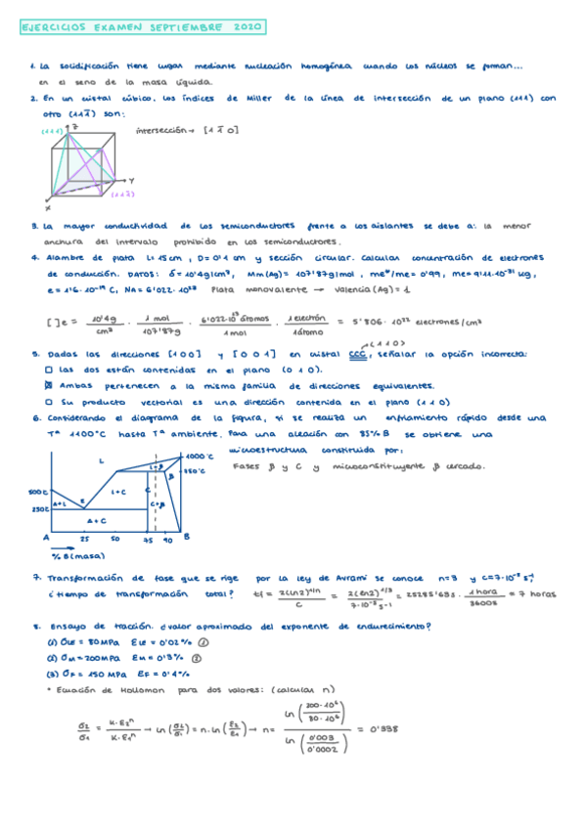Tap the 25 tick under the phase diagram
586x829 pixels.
click(84, 539)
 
